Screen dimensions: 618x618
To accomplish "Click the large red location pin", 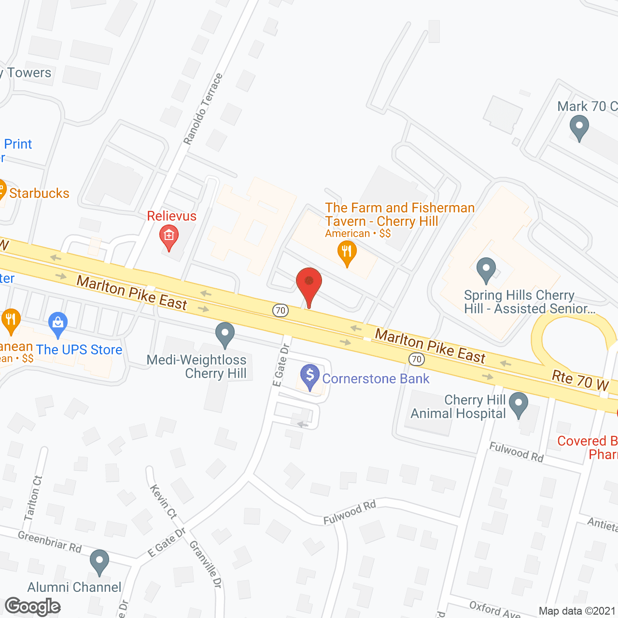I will click(x=309, y=283).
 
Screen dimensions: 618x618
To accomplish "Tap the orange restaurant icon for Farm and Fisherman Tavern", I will click(x=347, y=252).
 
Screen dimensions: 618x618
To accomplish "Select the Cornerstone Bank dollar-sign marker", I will click(x=310, y=376).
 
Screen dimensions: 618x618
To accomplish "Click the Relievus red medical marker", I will click(x=169, y=236).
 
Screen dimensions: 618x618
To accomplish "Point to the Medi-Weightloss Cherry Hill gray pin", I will click(x=225, y=333).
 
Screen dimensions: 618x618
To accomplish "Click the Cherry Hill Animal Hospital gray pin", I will click(x=519, y=404).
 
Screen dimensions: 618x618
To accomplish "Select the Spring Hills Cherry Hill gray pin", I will click(x=486, y=269).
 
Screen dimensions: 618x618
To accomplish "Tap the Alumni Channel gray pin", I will click(x=99, y=561).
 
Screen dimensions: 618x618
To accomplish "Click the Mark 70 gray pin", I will click(x=579, y=127).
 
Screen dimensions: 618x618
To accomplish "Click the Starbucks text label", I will click(x=39, y=193).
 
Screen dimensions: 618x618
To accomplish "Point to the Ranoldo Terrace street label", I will click(x=203, y=109).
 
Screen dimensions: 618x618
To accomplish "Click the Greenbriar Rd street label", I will click(x=50, y=541).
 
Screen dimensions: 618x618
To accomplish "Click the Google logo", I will click(x=32, y=606).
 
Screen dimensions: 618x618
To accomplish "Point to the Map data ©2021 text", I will click(x=577, y=611).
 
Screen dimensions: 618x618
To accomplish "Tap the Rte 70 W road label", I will click(x=580, y=380).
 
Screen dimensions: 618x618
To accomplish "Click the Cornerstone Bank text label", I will click(x=376, y=379).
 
